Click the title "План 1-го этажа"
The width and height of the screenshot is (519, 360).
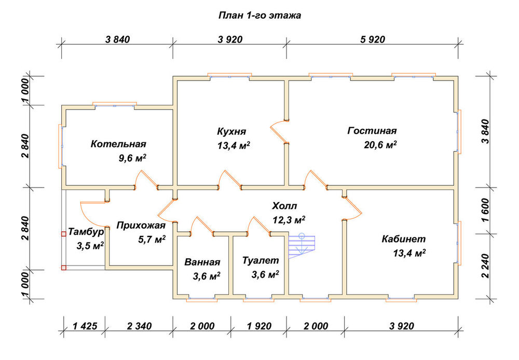tap(259, 16)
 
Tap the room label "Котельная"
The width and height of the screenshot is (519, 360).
tap(118, 144)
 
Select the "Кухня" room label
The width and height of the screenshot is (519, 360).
tap(231, 131)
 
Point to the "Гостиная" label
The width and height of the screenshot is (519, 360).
tap(372, 130)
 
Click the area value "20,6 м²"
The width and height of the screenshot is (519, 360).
tap(380, 145)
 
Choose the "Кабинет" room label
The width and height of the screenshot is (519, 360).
tap(403, 239)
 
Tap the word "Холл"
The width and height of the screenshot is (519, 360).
tap(284, 206)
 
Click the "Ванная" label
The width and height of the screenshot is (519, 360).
tap(202, 262)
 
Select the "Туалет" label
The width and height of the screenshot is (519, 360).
tap(261, 260)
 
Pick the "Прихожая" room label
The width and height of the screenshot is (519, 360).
tap(141, 225)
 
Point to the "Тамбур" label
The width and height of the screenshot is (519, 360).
tap(86, 232)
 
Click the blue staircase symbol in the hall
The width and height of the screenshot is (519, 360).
tap(302, 245)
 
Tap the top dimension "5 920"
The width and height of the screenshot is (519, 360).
tap(373, 39)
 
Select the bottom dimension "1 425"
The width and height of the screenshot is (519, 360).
tap(85, 326)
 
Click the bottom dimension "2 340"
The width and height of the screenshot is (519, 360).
tap(139, 326)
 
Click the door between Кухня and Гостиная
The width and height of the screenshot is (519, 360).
tap(279, 131)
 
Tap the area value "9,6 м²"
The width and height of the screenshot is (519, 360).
tap(132, 158)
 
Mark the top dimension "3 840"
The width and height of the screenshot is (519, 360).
tap(117, 39)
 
